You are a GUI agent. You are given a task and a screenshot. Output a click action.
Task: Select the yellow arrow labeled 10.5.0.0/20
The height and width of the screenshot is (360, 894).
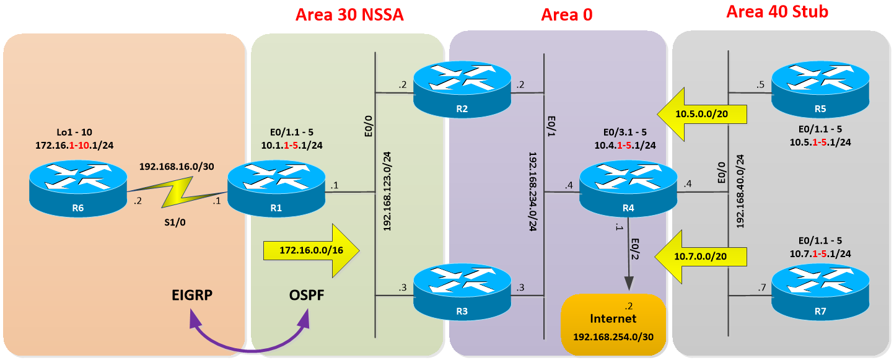click(x=702, y=114)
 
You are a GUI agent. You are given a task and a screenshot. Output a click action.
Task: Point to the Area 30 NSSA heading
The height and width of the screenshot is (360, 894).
click(x=349, y=14)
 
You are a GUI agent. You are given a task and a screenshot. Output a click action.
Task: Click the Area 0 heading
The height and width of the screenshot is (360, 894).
click(x=566, y=14)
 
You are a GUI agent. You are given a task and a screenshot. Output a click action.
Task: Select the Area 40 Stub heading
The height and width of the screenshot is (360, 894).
click(x=777, y=11)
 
